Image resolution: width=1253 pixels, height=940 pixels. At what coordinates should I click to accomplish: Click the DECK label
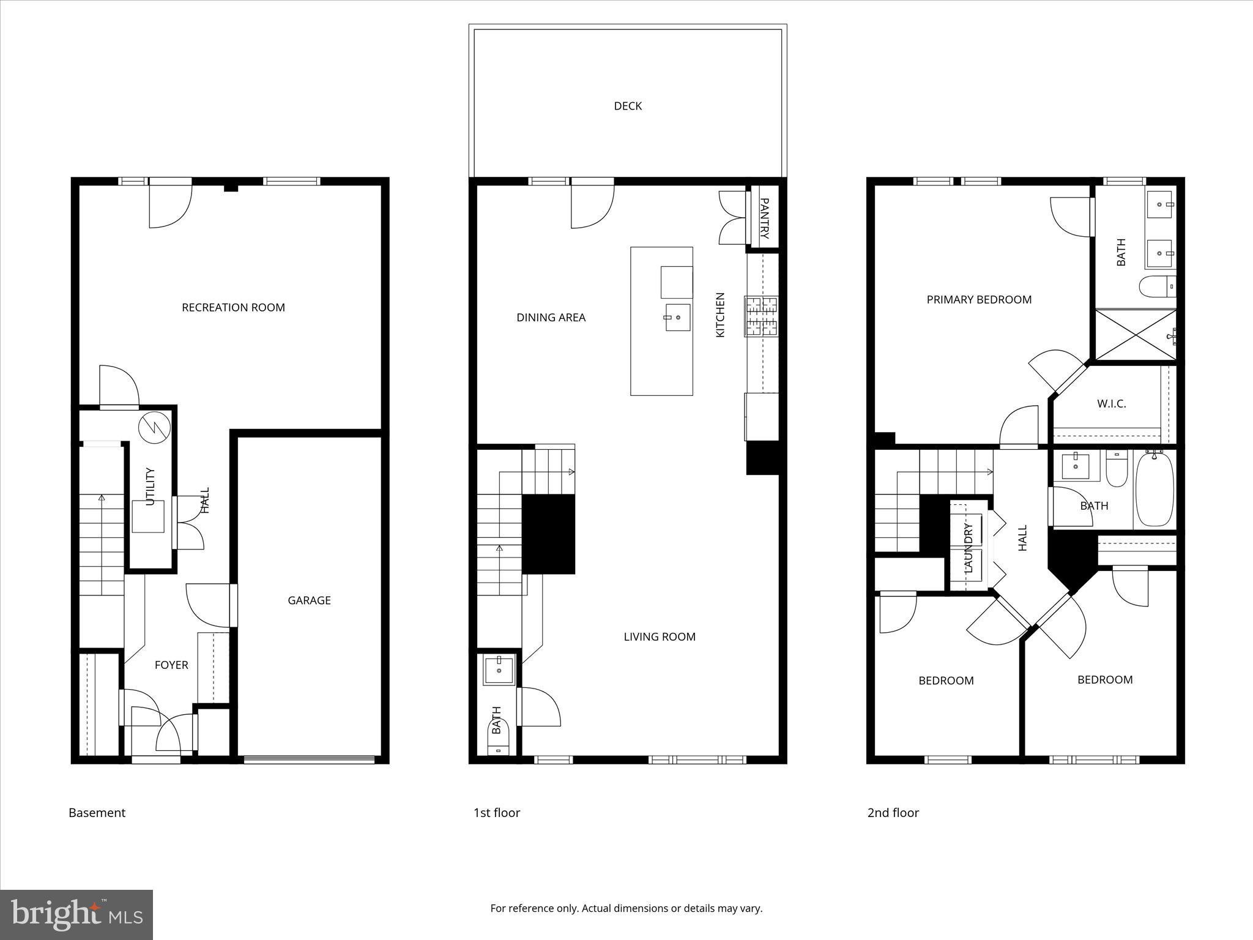628,106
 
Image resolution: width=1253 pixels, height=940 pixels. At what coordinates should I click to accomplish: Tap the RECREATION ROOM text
233,307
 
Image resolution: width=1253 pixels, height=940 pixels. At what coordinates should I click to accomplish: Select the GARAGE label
309,600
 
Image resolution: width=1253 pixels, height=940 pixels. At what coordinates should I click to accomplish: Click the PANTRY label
764,218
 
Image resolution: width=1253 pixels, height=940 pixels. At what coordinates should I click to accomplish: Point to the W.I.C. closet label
1111,404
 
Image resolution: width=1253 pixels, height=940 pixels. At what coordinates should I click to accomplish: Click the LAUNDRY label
968,548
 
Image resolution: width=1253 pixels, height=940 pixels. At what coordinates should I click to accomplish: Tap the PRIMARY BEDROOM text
979,299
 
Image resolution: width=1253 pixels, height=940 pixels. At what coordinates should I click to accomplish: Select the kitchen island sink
677,317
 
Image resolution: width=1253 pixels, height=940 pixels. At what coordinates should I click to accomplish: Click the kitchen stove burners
761,316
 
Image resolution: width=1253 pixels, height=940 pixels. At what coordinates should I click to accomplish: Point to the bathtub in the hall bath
1155,490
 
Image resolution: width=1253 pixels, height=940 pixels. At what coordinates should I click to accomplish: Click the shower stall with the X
1136,335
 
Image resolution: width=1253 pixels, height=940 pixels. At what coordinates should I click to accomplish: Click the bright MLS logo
76,914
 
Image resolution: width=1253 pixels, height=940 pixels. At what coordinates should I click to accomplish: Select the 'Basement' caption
97,813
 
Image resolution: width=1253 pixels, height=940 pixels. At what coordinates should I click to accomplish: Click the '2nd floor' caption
893,813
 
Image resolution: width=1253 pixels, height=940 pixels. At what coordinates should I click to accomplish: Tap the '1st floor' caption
496,813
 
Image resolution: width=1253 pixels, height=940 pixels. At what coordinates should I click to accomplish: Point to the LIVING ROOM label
659,636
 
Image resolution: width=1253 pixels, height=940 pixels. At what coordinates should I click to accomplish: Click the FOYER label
171,665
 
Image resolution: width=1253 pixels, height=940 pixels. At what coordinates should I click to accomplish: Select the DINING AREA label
551,317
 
